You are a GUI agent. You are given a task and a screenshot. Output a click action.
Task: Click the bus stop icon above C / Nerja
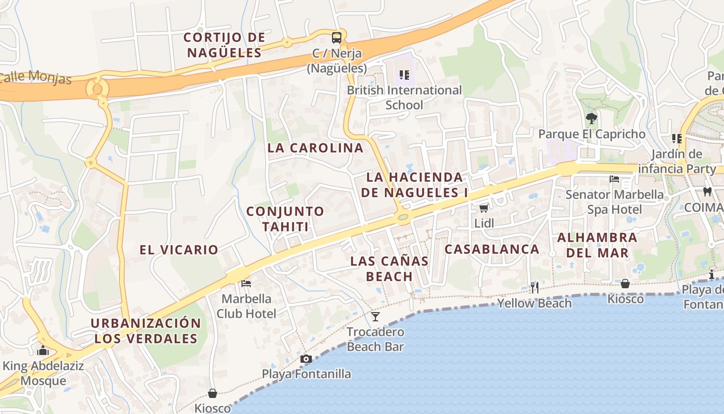pyautogui.click(x=337, y=37)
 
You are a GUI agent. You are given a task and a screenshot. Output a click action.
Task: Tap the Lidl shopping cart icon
pyautogui.click(x=484, y=208)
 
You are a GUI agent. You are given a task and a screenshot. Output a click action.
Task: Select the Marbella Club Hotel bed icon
pyautogui.click(x=246, y=283)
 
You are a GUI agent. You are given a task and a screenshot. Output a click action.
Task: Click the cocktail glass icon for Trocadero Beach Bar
pyautogui.click(x=375, y=316)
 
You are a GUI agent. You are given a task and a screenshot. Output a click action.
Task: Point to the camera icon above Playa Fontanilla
pyautogui.click(x=306, y=359)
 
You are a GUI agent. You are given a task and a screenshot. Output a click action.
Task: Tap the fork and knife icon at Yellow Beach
pyautogui.click(x=534, y=287)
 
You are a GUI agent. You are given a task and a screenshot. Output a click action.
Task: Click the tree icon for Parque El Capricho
pyautogui.click(x=591, y=119)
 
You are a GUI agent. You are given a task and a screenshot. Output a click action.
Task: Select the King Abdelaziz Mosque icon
pyautogui.click(x=43, y=350)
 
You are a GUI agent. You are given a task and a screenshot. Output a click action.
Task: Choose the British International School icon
pyautogui.click(x=404, y=75)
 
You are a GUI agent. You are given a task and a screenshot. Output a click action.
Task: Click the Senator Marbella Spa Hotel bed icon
pyautogui.click(x=614, y=179)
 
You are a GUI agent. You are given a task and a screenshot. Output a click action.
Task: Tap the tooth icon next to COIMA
pyautogui.click(x=707, y=191)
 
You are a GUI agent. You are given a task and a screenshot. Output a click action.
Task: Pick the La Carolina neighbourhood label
pyautogui.click(x=315, y=147)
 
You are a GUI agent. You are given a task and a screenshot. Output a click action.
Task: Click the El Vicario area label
pyautogui.click(x=179, y=250)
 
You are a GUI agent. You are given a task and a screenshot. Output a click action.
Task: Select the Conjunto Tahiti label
pyautogui.click(x=285, y=219)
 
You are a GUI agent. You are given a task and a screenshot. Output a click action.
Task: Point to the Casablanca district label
pyautogui.click(x=492, y=249)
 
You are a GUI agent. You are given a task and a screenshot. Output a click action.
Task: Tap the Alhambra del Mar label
pyautogui.click(x=597, y=245)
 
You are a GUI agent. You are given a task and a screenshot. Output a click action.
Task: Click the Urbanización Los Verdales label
pyautogui.click(x=146, y=331)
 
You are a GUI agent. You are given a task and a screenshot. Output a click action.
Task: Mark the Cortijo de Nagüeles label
pyautogui.click(x=224, y=45)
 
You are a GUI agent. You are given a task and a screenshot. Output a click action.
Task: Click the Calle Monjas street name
pyautogui.click(x=35, y=78)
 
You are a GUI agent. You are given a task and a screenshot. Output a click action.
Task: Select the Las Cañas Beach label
pyautogui.click(x=389, y=269)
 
